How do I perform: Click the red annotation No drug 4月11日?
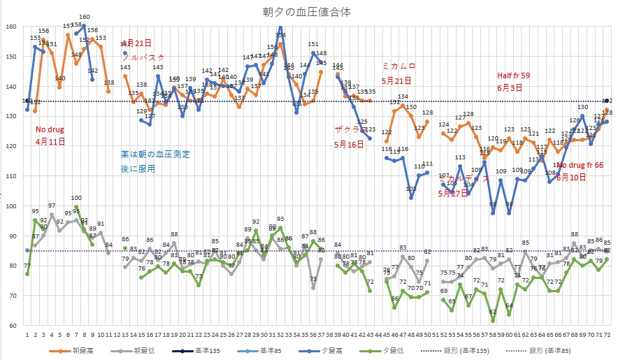click(51, 135)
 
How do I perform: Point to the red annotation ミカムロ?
click(398, 66)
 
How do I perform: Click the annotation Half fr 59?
click(514, 75)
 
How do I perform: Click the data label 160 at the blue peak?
click(85, 17)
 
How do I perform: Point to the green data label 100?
click(76, 198)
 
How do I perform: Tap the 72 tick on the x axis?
click(607, 335)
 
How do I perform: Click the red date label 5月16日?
click(350, 145)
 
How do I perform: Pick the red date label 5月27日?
click(452, 194)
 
